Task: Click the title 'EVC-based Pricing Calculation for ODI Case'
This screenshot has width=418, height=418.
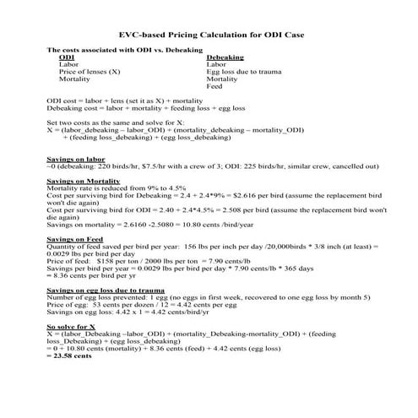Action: pos(209,35)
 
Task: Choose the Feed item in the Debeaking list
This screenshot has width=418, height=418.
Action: pos(214,86)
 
